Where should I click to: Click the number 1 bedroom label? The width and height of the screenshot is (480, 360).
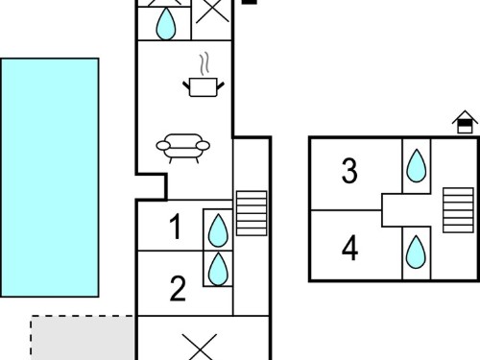[176, 227]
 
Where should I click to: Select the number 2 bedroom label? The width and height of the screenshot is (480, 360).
[178, 289]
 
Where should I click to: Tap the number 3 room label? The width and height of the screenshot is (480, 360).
[349, 171]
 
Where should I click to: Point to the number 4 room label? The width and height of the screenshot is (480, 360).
[349, 248]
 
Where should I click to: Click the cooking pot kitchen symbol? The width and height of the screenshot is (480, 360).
[204, 87]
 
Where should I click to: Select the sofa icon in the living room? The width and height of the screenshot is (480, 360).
[183, 148]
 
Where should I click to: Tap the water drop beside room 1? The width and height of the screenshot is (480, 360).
[218, 230]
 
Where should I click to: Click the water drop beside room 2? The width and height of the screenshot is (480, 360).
[218, 269]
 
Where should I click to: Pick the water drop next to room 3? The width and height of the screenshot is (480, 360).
[417, 166]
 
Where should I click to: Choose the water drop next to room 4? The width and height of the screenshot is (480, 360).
[416, 252]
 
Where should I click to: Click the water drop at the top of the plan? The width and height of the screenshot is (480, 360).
[166, 24]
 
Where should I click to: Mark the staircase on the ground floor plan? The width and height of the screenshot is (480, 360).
[252, 213]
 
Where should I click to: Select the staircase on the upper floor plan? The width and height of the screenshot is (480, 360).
[458, 210]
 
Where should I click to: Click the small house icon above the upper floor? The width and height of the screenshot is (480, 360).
[465, 122]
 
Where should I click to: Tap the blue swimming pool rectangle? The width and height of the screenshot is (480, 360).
[50, 178]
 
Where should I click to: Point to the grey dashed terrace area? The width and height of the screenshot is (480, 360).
[83, 338]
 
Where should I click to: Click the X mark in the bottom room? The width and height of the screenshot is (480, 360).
[200, 348]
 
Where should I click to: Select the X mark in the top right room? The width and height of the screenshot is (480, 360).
[212, 12]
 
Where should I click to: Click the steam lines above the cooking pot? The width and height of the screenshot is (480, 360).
[204, 64]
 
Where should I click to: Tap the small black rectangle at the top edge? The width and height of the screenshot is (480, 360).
[250, 2]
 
